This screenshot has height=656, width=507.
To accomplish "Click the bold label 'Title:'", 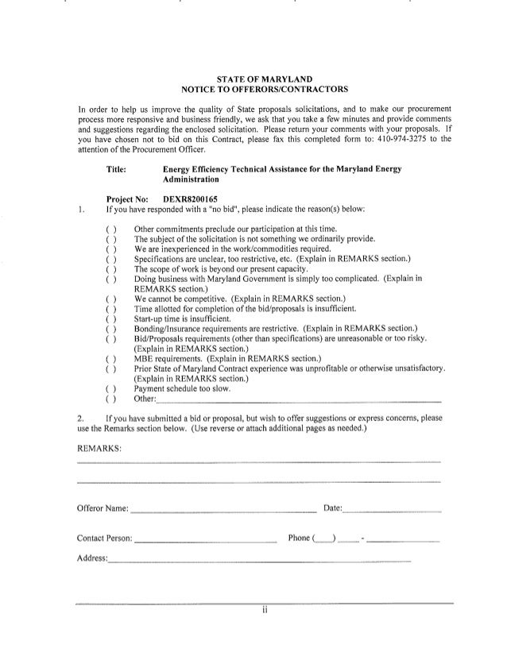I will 117,169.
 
